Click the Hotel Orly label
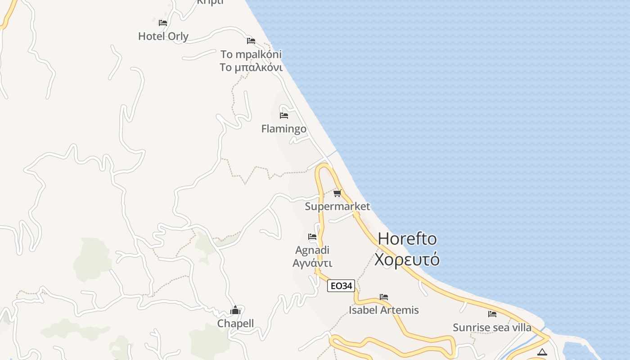[163, 36]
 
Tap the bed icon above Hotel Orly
[163, 22]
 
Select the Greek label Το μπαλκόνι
[251, 67]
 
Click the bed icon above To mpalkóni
[251, 41]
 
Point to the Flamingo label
[283, 129]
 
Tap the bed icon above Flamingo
[284, 115]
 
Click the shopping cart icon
[337, 193]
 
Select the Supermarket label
[337, 207]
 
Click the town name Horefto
[407, 238]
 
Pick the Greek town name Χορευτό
[407, 260]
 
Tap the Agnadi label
[312, 250]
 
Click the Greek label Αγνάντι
[312, 263]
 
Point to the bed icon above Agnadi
[312, 237]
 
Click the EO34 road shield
[341, 286]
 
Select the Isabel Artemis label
[383, 310]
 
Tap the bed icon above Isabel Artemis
[384, 297]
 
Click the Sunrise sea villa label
[492, 328]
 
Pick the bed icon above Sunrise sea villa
[492, 314]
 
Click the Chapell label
[235, 324]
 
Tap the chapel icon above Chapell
[235, 310]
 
